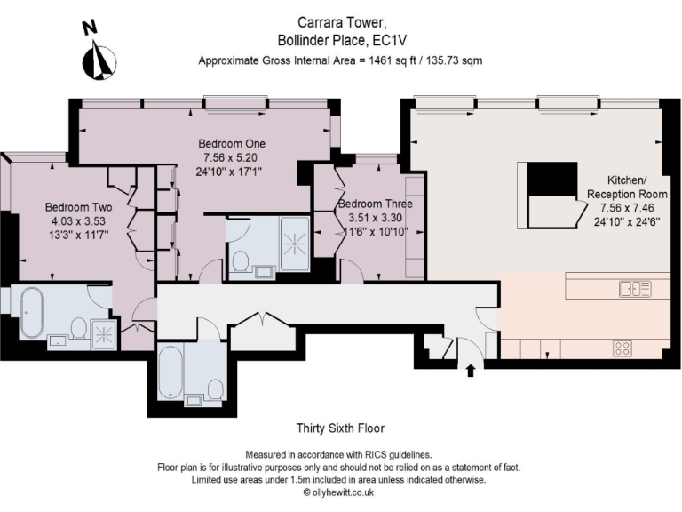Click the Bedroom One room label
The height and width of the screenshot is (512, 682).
231,143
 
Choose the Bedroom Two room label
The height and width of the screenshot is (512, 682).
78,207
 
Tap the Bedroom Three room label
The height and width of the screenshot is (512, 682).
374,204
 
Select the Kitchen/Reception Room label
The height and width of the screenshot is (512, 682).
620,186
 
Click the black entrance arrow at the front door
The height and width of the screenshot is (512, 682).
470,370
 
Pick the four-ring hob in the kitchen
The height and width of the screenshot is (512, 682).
623,348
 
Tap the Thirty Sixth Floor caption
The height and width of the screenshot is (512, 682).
340,428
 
